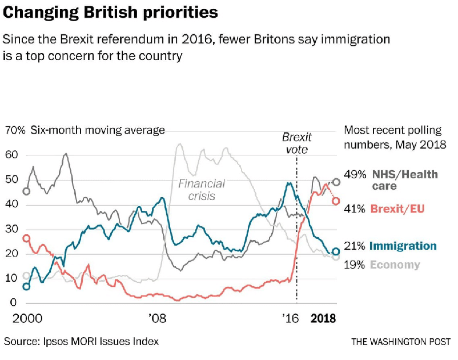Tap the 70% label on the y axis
coord(15,130)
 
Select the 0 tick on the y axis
coord(8,302)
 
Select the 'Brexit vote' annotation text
coord(297,143)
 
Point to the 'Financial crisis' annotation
coord(202,190)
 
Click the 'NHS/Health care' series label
coord(404,179)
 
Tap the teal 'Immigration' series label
coord(403,246)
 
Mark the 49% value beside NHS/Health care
coord(355,174)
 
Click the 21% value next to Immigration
coord(355,246)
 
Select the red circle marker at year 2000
coord(26,238)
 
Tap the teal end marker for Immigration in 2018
coord(336,251)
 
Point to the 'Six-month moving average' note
coord(98,130)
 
